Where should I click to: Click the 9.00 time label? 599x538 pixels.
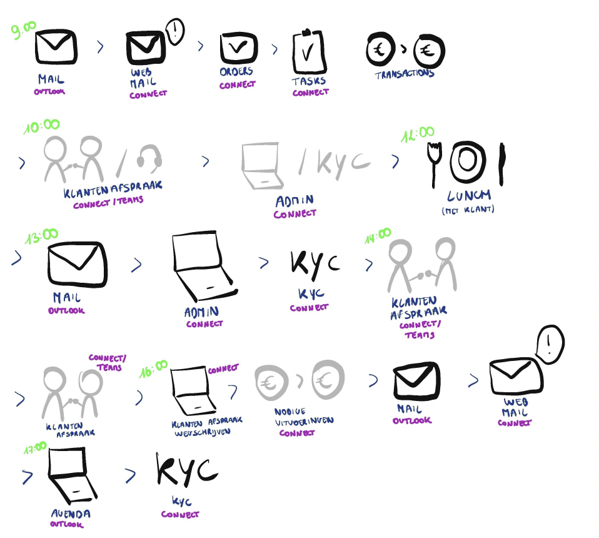pyautogui.click(x=24, y=31)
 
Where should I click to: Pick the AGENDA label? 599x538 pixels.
pyautogui.click(x=71, y=514)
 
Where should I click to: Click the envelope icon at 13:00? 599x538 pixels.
pyautogui.click(x=76, y=265)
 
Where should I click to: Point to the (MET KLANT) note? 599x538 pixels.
pyautogui.click(x=468, y=210)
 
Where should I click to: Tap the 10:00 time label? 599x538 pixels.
pyautogui.click(x=41, y=127)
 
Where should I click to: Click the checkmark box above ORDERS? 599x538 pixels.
pyautogui.click(x=238, y=48)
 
